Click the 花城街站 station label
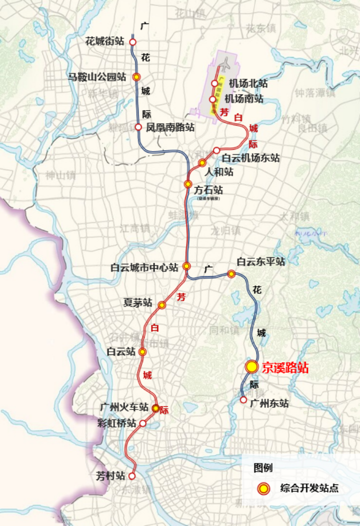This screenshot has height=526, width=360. point(105,42)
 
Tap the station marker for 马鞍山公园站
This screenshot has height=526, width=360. point(136,77)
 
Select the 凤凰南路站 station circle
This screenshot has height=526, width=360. point(138,127)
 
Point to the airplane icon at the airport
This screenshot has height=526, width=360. point(225,64)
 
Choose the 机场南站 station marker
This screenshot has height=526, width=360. point(212,99)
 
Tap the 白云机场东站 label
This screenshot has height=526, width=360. point(250,158)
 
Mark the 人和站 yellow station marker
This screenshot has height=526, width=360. point(202,163)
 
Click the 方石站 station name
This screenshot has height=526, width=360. point(208,190)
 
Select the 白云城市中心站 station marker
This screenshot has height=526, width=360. point(186,266)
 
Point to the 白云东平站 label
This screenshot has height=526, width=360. point(261,262)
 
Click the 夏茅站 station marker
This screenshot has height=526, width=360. point(161,305)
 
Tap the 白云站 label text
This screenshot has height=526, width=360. point(121,352)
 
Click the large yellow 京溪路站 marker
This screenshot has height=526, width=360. point(251,366)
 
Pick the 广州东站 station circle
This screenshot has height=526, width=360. point(243,400)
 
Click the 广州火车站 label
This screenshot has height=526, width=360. point(124,406)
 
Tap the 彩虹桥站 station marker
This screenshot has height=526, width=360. point(142,423)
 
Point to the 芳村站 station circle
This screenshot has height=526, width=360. point(132,476)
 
